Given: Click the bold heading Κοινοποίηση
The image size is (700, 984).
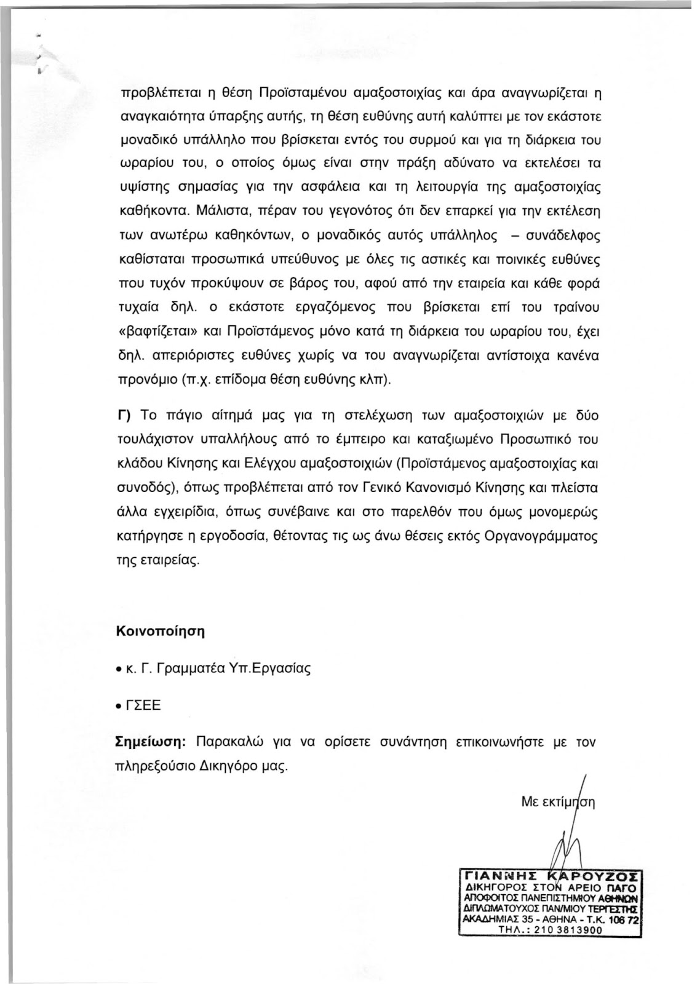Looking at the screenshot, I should (x=160, y=632).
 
